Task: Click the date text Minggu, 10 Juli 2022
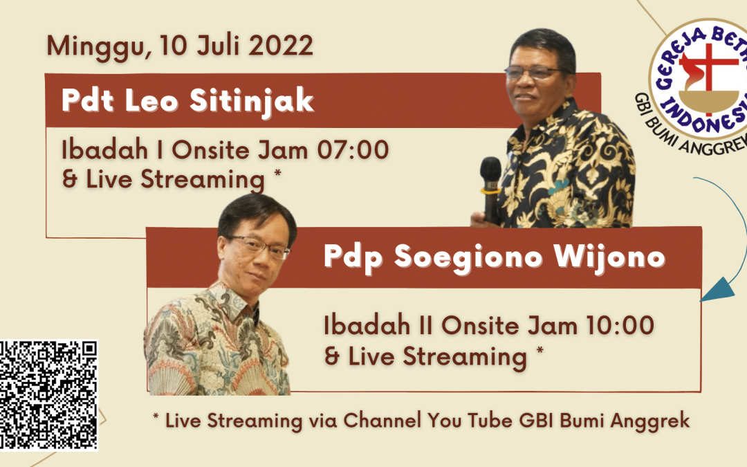(x=180, y=47)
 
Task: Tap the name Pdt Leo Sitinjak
(x=187, y=101)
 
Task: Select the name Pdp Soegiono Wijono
(x=495, y=257)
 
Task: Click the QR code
(x=48, y=395)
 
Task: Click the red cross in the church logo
(x=708, y=71)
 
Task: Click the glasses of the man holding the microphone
(x=533, y=73)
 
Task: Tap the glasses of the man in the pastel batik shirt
(x=259, y=246)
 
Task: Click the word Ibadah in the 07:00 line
(x=105, y=149)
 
